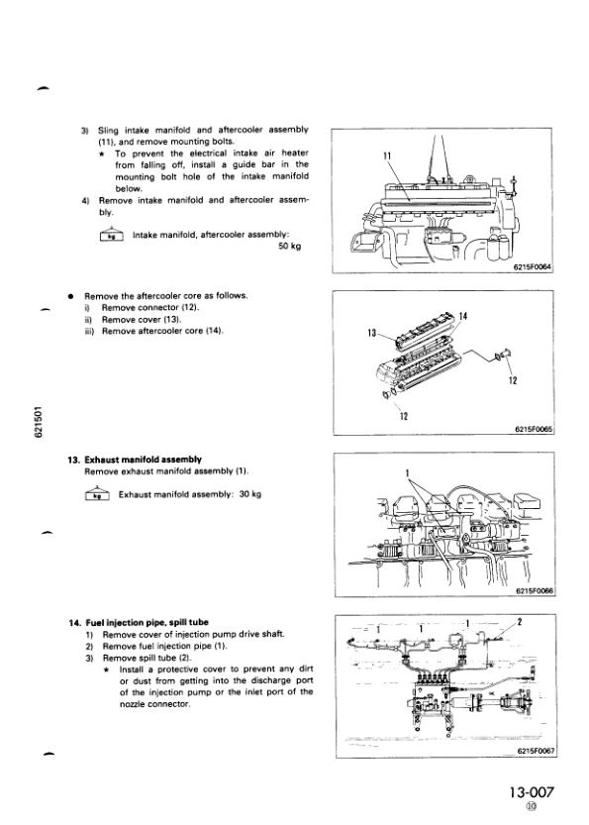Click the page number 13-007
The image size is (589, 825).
point(532,791)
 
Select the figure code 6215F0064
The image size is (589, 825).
point(533,266)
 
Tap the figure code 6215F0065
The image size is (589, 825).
point(534,429)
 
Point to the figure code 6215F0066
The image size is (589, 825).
point(535,590)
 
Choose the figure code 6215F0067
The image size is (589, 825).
point(537,752)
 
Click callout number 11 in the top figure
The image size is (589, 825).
point(387,155)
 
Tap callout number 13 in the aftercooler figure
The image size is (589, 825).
point(372,333)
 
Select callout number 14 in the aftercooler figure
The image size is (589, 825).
point(463,316)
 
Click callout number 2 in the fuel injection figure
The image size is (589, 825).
point(520,622)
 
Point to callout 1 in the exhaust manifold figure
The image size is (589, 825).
point(407,472)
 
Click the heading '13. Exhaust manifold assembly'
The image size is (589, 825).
point(135,460)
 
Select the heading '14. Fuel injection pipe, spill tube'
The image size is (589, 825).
point(139,622)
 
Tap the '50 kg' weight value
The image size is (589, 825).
point(290,247)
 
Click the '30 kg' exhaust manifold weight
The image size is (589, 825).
point(249,494)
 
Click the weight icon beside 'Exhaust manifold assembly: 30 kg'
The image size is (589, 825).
point(97,494)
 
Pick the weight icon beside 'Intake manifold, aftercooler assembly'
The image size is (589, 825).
point(111,235)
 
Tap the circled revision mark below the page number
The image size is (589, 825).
point(532,806)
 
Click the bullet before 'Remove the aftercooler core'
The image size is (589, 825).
point(69,296)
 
